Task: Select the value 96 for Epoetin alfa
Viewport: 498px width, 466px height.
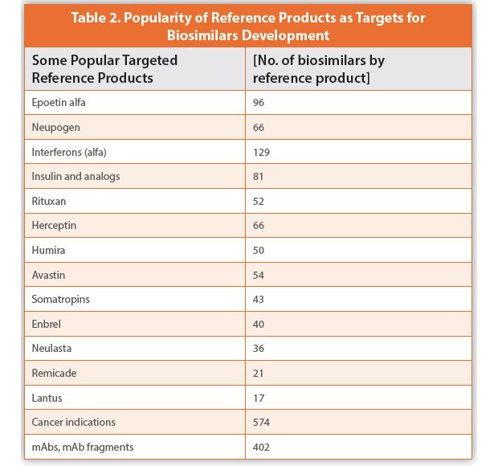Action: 259,103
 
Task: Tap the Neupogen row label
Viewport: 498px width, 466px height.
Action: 55,127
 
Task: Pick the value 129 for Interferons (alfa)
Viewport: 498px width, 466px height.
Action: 261,152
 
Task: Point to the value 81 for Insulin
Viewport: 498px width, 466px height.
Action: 259,176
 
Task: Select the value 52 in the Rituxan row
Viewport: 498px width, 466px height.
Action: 259,201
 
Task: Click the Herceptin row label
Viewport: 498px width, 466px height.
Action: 55,226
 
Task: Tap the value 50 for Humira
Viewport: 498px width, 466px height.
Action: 259,251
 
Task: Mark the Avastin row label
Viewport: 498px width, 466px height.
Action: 49,275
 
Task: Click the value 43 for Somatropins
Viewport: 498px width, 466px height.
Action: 259,300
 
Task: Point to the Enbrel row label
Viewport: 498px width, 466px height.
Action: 47,324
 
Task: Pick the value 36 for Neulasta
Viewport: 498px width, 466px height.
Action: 259,349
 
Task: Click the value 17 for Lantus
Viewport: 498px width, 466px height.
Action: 259,398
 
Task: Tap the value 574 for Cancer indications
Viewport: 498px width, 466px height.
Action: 261,422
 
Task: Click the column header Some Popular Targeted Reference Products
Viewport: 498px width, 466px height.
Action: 104,69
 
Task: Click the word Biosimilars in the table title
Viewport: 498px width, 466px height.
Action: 203,35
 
